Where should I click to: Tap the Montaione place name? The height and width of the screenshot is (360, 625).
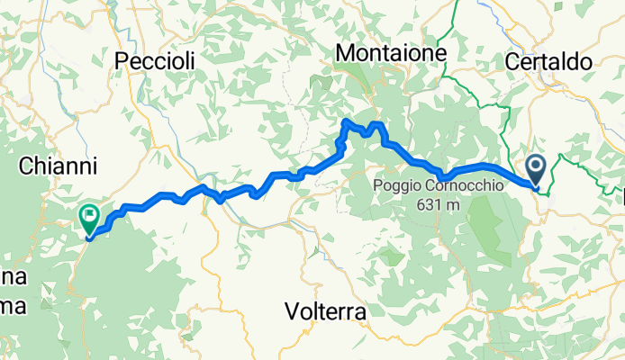click(x=392, y=54)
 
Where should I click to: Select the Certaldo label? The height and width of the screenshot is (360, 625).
click(x=548, y=62)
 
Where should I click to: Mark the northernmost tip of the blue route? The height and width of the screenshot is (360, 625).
click(x=346, y=120)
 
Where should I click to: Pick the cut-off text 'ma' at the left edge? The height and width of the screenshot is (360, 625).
click(x=13, y=306)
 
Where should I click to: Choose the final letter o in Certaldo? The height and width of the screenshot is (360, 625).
click(x=584, y=62)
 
